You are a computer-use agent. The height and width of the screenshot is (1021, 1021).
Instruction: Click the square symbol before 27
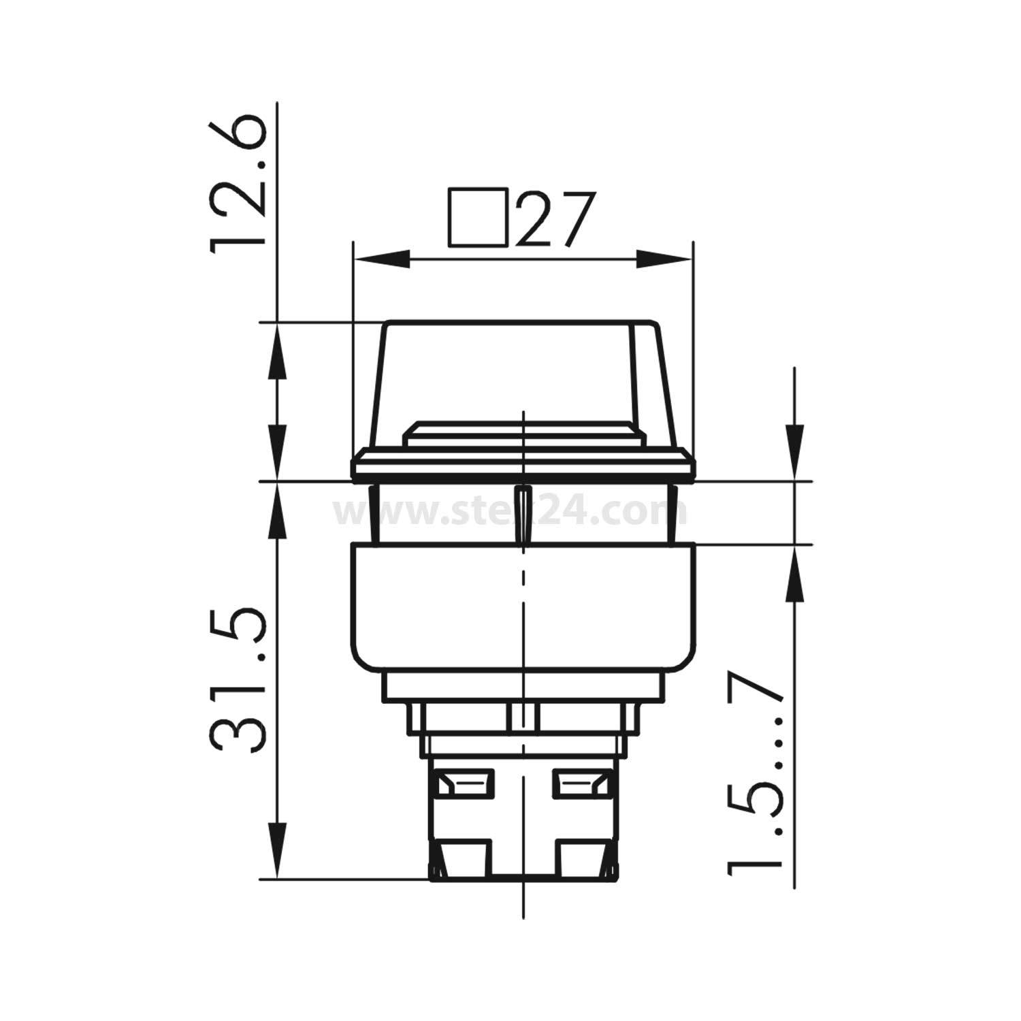pyautogui.click(x=478, y=216)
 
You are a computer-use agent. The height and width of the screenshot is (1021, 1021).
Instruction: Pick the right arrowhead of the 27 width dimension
pyautogui.click(x=663, y=259)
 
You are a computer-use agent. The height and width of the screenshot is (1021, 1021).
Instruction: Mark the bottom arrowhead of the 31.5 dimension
pyautogui.click(x=278, y=851)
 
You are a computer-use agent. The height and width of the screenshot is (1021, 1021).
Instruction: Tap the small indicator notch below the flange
pyautogui.click(x=522, y=514)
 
